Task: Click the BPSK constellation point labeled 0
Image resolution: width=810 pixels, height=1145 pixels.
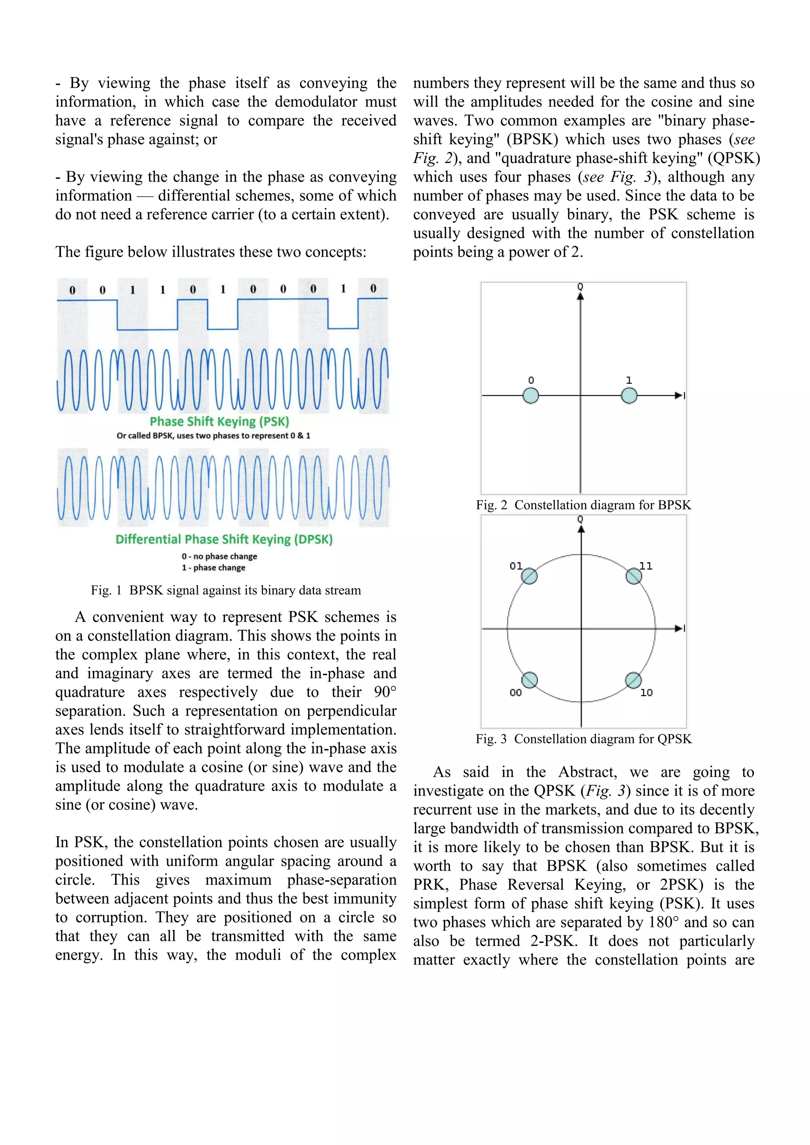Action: pos(531,396)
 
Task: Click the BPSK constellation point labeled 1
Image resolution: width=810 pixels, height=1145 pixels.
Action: pos(629,396)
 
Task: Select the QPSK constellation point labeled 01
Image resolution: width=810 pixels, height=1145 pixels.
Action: pos(529,576)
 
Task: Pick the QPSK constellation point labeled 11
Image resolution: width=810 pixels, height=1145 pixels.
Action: pos(634,576)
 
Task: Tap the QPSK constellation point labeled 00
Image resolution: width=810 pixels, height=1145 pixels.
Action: pos(529,680)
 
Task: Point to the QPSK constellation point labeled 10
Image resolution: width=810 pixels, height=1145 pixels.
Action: pos(634,680)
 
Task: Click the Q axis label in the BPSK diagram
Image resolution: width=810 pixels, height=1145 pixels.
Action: pos(580,287)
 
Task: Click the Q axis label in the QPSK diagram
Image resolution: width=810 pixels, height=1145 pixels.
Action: pos(580,520)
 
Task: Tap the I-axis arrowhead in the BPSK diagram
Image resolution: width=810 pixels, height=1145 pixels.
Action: pos(678,395)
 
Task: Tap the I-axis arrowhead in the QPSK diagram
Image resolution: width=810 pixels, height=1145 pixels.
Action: pos(678,628)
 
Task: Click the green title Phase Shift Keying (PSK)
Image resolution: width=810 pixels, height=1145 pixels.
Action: pos(220,422)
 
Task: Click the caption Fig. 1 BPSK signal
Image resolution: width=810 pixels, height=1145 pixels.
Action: pos(225,590)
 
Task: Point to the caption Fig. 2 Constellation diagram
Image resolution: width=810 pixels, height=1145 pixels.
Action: pos(583,505)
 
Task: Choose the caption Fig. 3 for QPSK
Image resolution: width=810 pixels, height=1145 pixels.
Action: pos(583,739)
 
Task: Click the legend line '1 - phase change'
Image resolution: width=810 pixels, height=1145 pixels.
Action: pos(214,568)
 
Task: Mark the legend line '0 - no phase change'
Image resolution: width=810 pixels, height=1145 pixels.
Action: pos(220,557)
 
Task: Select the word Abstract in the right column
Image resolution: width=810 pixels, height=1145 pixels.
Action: pos(587,773)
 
